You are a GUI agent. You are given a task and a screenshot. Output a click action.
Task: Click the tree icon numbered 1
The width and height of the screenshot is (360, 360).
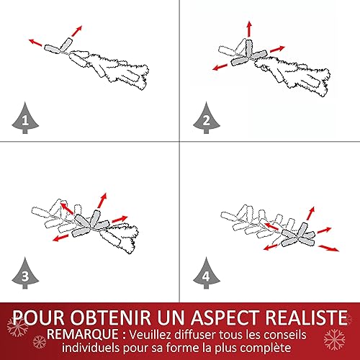[x=25, y=118]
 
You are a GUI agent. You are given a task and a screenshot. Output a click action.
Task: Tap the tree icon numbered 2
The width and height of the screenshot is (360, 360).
[x=207, y=118]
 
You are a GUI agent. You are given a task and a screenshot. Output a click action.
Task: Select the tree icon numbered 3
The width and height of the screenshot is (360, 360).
[x=25, y=274]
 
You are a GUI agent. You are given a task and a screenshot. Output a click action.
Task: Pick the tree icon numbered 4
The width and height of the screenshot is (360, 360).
[x=207, y=274]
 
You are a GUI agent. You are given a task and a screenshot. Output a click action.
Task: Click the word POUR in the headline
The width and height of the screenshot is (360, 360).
[x=38, y=318]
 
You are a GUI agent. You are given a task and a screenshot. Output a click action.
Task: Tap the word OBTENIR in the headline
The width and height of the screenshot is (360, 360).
[x=111, y=318]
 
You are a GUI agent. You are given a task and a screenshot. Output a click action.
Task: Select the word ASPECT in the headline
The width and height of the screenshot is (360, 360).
[x=225, y=318]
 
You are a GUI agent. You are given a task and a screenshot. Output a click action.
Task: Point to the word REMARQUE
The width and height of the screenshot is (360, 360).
[x=82, y=334]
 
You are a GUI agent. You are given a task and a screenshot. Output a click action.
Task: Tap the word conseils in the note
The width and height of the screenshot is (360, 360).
[x=285, y=335]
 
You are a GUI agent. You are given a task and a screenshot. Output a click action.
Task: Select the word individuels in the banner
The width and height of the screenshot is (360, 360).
[x=91, y=348]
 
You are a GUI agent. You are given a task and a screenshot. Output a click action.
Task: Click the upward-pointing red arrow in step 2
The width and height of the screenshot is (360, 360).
[x=249, y=29]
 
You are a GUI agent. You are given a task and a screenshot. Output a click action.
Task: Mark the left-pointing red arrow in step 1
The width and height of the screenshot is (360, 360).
[x=35, y=42]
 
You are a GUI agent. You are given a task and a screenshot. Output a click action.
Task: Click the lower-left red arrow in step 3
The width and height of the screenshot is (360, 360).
[x=60, y=238]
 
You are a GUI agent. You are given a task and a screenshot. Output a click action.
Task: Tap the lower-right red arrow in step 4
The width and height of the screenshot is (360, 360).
[x=328, y=248]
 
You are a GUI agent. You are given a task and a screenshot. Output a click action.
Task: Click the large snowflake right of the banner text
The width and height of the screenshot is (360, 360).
[x=334, y=339]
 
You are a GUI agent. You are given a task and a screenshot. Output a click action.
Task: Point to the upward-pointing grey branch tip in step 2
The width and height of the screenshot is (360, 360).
[x=249, y=48]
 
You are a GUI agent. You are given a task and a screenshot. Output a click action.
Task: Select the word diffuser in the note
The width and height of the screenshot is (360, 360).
[x=193, y=335]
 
